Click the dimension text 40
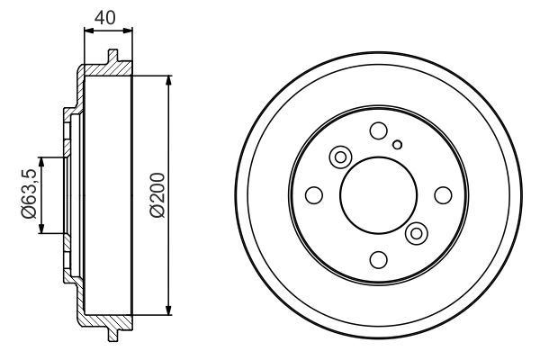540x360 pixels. tap(105, 18)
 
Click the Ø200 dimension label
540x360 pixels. tap(158, 195)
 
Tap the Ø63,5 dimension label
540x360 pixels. tap(29, 194)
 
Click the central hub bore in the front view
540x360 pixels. tap(379, 195)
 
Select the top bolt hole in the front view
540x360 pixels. tap(379, 130)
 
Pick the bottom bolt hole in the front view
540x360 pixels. tap(379, 260)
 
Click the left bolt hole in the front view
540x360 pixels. tap(314, 195)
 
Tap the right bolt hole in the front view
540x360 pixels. tap(443, 195)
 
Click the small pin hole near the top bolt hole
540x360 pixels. tap(398, 145)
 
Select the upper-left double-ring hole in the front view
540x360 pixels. tap(340, 157)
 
